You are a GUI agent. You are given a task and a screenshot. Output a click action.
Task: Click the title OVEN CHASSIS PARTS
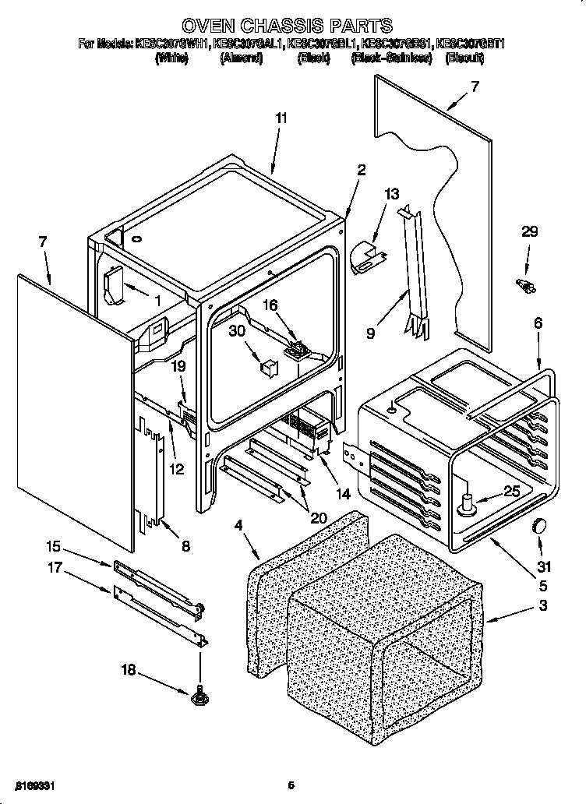pyautogui.click(x=292, y=26)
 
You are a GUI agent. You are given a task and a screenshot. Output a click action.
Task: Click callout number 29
pyautogui.click(x=530, y=232)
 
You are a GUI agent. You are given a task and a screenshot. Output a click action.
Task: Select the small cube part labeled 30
pyautogui.click(x=269, y=365)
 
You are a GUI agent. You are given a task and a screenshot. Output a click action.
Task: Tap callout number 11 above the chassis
pyautogui.click(x=281, y=118)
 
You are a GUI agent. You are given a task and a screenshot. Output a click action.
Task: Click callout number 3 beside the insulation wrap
pyautogui.click(x=542, y=605)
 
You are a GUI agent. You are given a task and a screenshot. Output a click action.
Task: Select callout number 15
pyautogui.click(x=53, y=545)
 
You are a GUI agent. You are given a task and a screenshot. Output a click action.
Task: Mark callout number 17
pyautogui.click(x=53, y=569)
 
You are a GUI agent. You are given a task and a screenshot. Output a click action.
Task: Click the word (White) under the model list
pyautogui.click(x=171, y=58)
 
